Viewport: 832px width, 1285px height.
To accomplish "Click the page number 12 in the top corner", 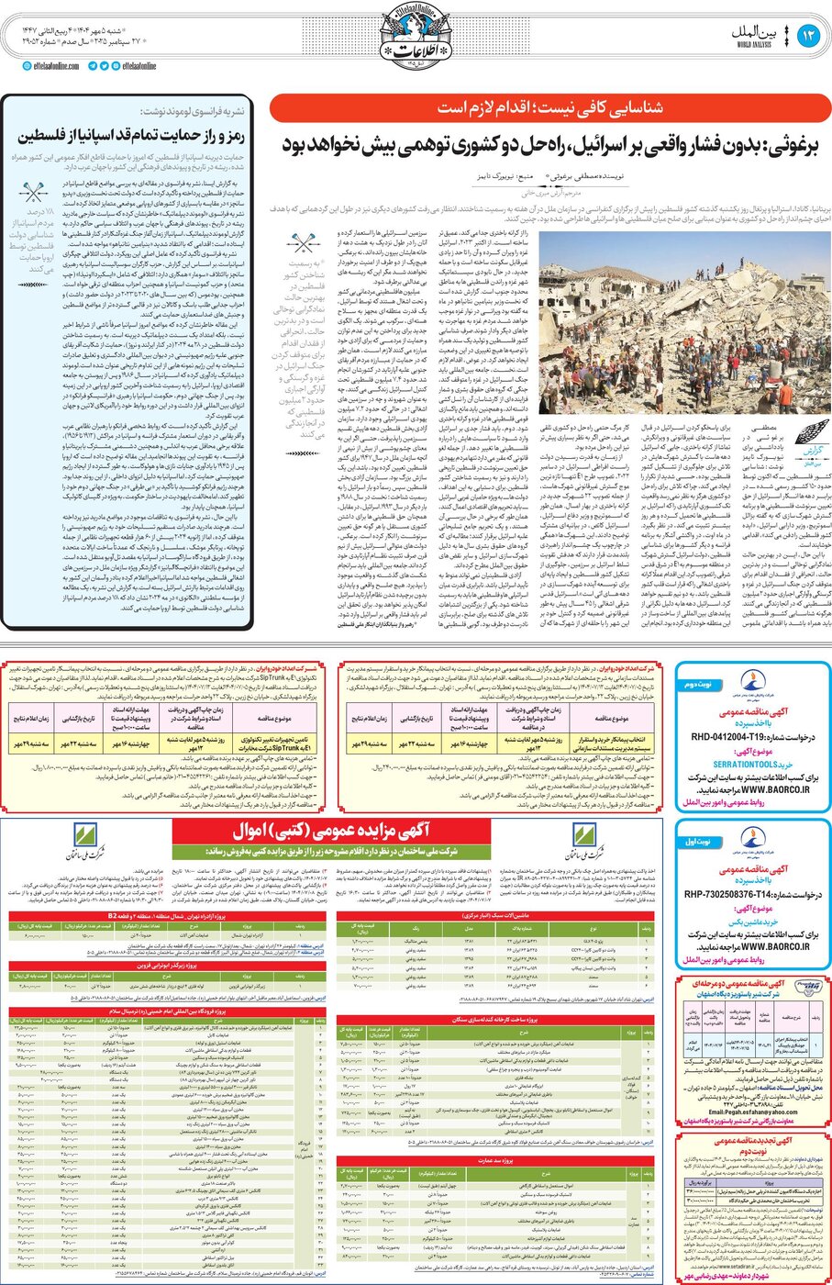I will point(809,36).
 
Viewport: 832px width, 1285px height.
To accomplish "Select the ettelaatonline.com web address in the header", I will point(57,66).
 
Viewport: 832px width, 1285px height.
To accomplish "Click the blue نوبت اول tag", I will point(698,841).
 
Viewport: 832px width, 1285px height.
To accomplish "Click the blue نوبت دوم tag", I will point(698,683).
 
